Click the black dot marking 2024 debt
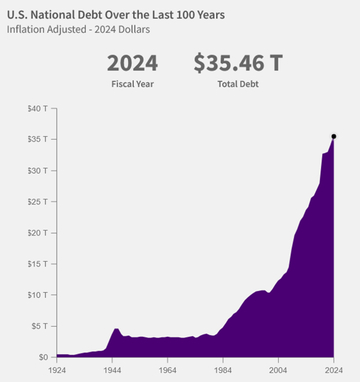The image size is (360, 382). click(x=334, y=136)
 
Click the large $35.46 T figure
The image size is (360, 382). click(x=238, y=63)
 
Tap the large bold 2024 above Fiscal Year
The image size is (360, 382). click(x=132, y=63)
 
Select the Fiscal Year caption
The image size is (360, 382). click(x=132, y=84)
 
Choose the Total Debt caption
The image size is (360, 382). click(x=238, y=84)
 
